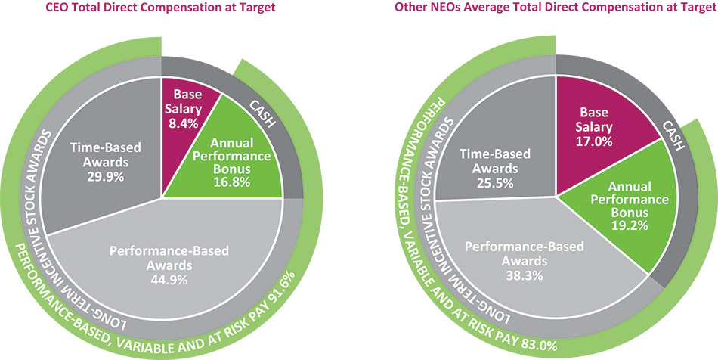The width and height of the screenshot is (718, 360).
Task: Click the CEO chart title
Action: pyautogui.click(x=161, y=8)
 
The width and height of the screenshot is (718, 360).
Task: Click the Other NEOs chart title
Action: pyautogui.click(x=556, y=8)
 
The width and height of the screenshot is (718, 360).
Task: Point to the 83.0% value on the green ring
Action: pyautogui.click(x=539, y=344)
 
